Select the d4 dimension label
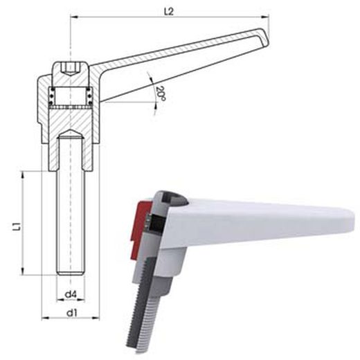[x=70, y=296]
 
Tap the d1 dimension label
[x=70, y=312]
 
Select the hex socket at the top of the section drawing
[x=71, y=69]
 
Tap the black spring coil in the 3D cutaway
[x=149, y=221]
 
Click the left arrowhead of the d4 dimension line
[x=58, y=301]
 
